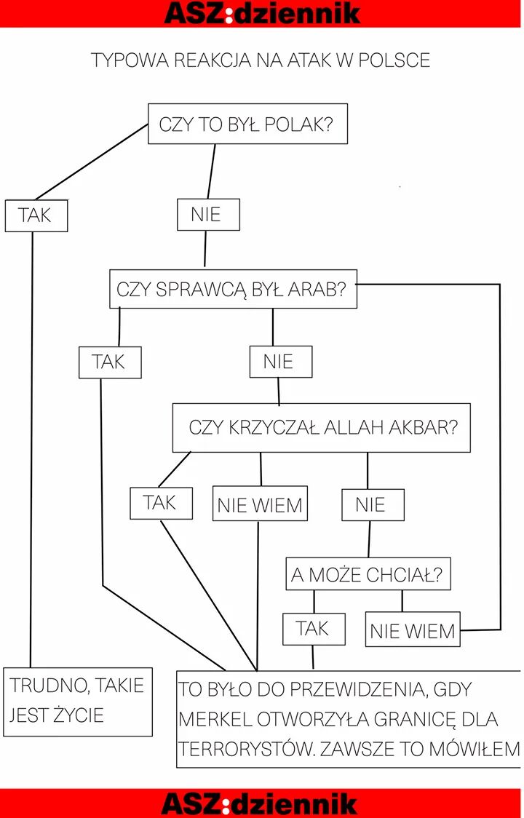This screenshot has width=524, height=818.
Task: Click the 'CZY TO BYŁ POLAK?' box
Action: pyautogui.click(x=247, y=124)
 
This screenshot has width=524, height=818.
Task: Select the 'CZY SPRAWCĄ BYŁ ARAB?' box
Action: pyautogui.click(x=233, y=289)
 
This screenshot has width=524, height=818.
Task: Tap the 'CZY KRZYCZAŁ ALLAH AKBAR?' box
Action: pyautogui.click(x=321, y=427)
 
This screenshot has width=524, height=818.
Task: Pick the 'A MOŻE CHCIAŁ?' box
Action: pyautogui.click(x=368, y=575)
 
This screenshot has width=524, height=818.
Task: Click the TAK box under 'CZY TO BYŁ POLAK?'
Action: pyautogui.click(x=36, y=215)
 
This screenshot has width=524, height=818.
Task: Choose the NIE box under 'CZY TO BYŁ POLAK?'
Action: pyautogui.click(x=208, y=215)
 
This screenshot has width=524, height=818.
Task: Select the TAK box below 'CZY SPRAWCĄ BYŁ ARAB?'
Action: pyautogui.click(x=110, y=362)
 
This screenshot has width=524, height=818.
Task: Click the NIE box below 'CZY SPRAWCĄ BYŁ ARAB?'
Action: pyautogui.click(x=281, y=362)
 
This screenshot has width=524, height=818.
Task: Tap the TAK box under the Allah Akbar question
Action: pyautogui.click(x=161, y=503)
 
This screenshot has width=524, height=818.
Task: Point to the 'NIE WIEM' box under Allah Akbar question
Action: pyautogui.click(x=260, y=504)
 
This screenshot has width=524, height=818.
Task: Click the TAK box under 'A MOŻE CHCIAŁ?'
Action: pyautogui.click(x=314, y=629)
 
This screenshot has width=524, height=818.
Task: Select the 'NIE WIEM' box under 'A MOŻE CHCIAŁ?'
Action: pyautogui.click(x=413, y=630)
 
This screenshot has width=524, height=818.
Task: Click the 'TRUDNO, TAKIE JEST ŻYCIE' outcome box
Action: pyautogui.click(x=78, y=701)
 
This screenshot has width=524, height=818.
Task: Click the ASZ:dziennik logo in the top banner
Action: pyautogui.click(x=262, y=12)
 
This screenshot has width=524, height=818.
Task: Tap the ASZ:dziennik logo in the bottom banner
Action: pyautogui.click(x=260, y=803)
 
